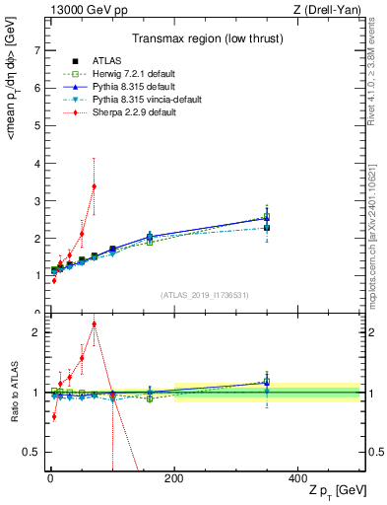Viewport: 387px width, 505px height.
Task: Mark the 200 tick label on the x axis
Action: (174, 477)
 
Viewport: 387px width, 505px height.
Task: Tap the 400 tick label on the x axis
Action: (298, 477)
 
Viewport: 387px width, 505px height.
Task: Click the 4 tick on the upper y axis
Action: (36, 163)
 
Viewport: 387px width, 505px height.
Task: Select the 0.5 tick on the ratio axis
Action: (32, 452)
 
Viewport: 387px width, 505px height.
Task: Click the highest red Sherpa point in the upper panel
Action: (94, 185)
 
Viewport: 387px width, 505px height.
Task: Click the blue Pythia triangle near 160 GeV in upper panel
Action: (150, 236)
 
